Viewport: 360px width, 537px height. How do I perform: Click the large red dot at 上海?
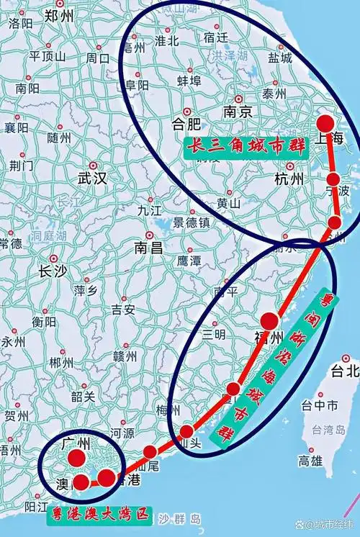(x=325, y=122)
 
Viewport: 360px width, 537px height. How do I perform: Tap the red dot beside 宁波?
(x=333, y=179)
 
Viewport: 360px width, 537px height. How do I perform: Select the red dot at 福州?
(x=270, y=321)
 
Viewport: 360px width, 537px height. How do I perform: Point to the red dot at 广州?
(x=76, y=458)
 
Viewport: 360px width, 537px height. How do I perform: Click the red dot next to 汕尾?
(x=150, y=452)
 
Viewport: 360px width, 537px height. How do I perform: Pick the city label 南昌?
(x=149, y=249)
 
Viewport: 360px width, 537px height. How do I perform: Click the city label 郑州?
(x=60, y=15)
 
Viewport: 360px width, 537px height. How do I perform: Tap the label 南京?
(x=238, y=112)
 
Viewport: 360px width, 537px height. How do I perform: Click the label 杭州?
(x=290, y=179)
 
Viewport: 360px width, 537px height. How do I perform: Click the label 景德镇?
(x=190, y=222)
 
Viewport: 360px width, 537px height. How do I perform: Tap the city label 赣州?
(x=125, y=356)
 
